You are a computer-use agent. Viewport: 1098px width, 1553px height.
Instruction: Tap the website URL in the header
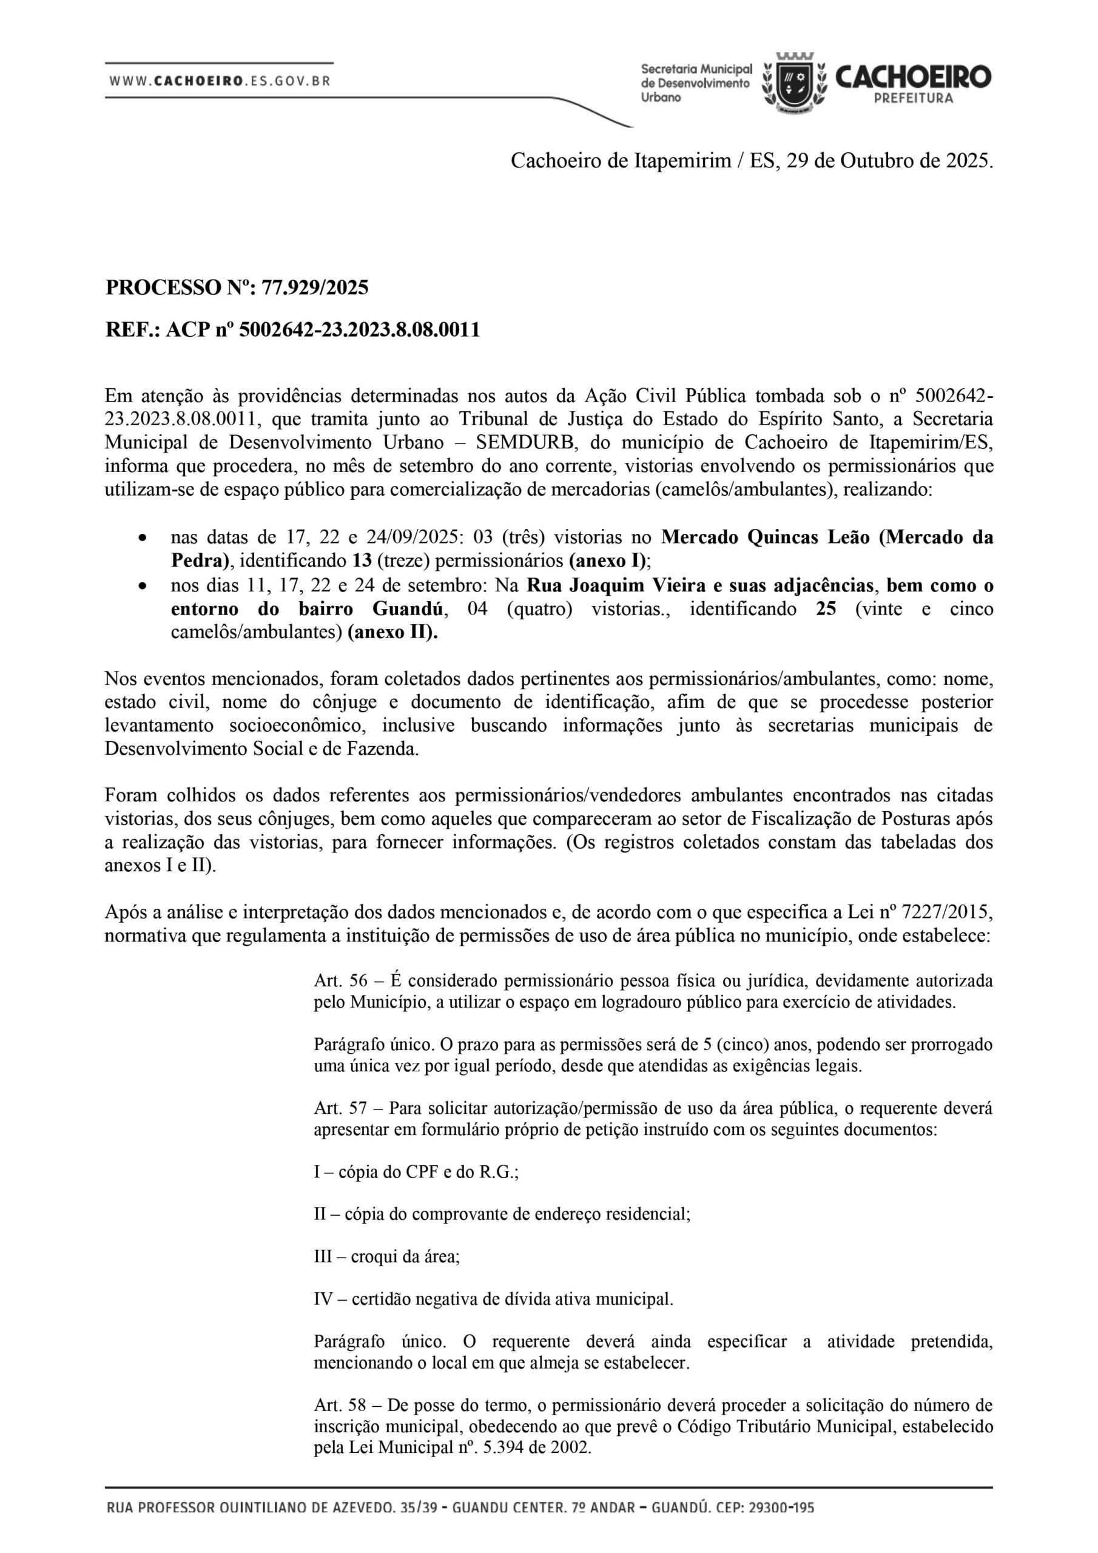pos(220,81)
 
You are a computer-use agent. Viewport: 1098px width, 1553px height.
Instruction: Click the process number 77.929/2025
pos(315,288)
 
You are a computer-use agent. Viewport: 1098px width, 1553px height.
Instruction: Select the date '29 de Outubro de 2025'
pos(890,161)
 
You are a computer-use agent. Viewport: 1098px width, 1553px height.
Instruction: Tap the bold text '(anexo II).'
pos(393,633)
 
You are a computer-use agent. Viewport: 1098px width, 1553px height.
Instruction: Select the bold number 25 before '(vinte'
pos(826,608)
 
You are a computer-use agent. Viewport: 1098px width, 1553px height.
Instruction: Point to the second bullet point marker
pos(141,586)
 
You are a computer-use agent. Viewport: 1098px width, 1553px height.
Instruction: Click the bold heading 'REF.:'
pos(132,330)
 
